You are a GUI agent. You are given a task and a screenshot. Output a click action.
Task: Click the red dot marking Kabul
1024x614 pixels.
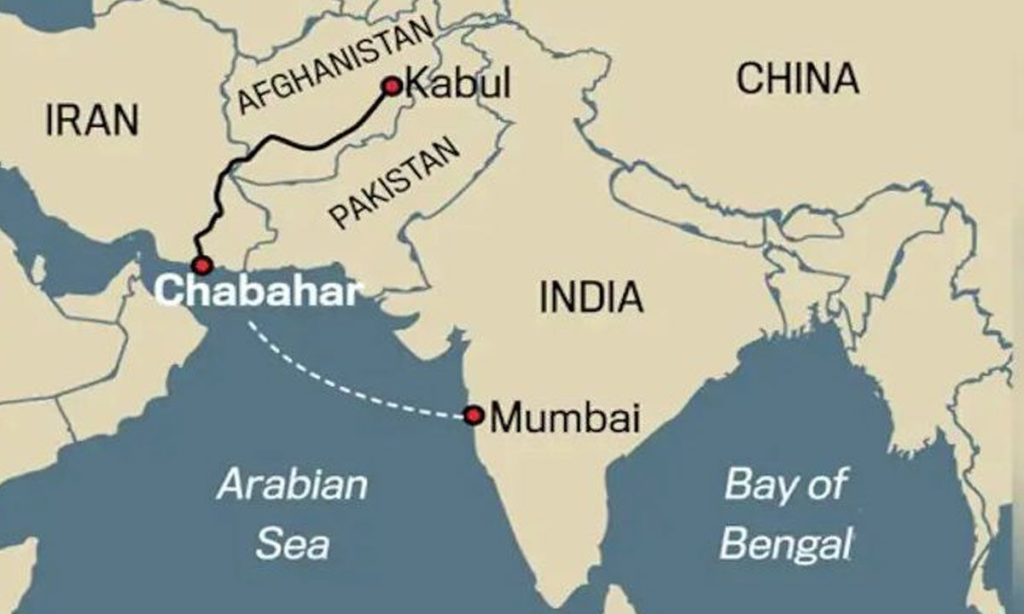392,86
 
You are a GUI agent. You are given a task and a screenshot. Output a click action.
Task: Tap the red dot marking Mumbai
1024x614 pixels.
474,415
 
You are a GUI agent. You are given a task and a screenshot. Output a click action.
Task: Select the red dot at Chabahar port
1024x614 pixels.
202,264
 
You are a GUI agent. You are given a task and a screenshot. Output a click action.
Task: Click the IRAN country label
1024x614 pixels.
91,119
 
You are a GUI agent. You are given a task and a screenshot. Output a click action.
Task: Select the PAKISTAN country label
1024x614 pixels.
394,183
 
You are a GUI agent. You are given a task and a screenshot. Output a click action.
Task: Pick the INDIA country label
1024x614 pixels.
591,297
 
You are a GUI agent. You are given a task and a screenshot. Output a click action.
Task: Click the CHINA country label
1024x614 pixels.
797,79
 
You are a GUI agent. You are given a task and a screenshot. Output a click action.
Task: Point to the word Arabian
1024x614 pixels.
292,485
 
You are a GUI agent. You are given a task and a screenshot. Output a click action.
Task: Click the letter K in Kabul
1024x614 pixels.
416,85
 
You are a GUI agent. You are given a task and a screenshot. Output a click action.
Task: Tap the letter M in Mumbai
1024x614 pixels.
511,417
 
